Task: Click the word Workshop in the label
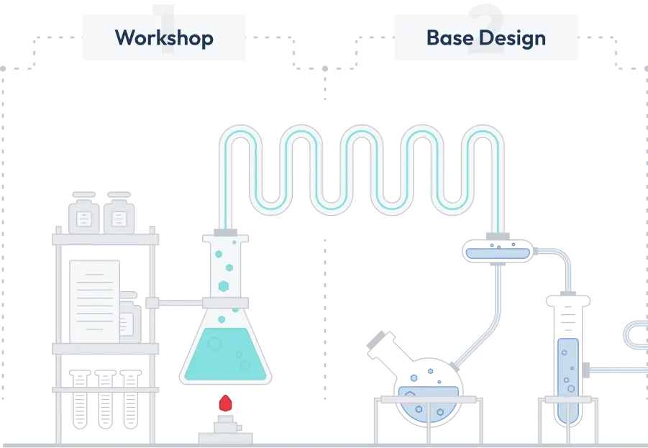click(x=164, y=37)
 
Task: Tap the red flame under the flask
click(x=226, y=403)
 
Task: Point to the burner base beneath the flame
click(x=225, y=434)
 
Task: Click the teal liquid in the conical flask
click(x=226, y=352)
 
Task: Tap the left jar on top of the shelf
click(x=83, y=213)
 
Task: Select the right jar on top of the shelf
click(x=120, y=213)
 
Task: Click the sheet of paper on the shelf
click(x=94, y=300)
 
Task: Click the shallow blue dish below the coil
click(x=499, y=252)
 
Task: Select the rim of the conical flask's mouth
click(x=227, y=234)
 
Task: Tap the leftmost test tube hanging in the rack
click(x=81, y=406)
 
